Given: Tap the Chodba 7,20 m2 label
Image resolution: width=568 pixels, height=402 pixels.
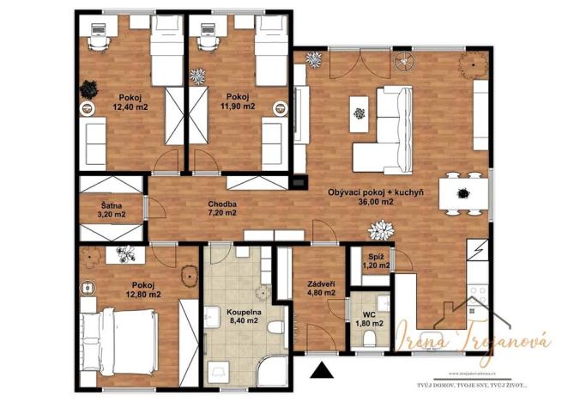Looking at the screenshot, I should [x=221, y=210].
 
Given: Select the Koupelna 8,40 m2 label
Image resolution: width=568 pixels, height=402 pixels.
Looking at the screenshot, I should [x=244, y=319].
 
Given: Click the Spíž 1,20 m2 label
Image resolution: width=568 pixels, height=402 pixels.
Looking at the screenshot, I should [x=374, y=261].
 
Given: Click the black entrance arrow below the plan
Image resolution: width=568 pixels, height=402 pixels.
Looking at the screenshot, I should [x=322, y=371].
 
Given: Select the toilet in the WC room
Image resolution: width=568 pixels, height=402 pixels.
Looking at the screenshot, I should [x=371, y=340].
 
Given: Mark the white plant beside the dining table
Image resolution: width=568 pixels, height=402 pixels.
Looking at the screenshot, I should [x=379, y=230].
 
